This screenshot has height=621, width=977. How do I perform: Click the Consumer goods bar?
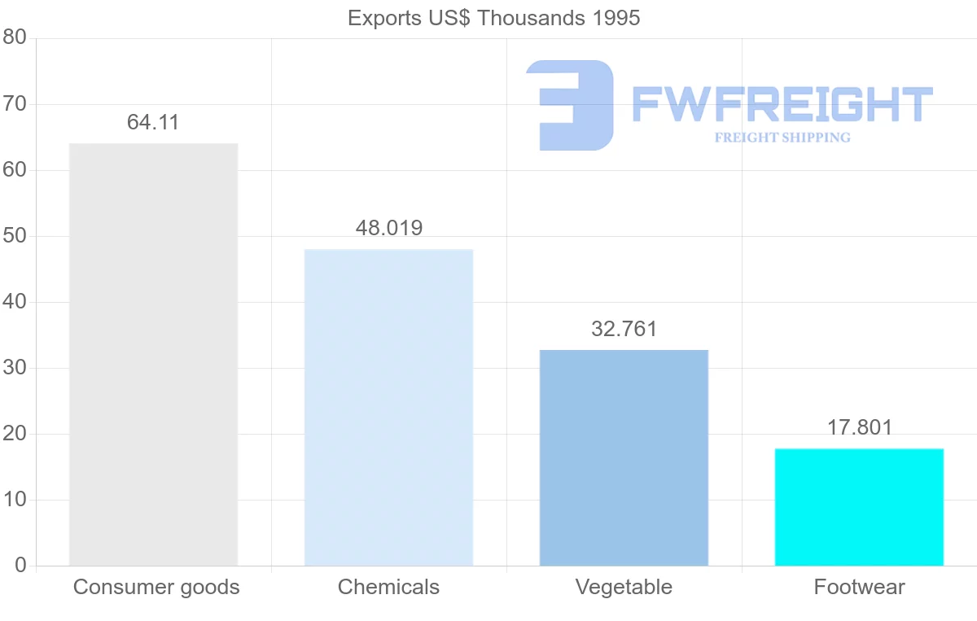(153, 354)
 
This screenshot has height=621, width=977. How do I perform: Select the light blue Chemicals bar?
(388, 407)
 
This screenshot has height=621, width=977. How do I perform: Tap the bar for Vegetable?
(624, 457)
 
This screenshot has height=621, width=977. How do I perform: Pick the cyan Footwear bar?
(859, 506)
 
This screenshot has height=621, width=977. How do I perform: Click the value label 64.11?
(153, 123)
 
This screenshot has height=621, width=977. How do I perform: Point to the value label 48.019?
(389, 229)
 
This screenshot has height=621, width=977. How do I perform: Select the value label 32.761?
(624, 329)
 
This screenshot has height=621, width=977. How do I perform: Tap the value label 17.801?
(860, 427)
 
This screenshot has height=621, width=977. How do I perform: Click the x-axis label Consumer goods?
(156, 587)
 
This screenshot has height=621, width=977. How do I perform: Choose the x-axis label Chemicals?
(388, 587)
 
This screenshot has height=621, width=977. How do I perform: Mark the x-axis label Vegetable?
(624, 587)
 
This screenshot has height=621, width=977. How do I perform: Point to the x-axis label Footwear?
(859, 587)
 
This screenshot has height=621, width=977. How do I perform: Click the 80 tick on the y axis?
(15, 38)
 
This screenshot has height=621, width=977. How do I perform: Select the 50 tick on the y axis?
(15, 236)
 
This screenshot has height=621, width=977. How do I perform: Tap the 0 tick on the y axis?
(20, 566)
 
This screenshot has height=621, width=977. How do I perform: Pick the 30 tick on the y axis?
(15, 368)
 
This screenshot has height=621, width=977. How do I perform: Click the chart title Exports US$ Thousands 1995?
(494, 18)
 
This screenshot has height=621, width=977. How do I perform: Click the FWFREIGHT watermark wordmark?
(782, 105)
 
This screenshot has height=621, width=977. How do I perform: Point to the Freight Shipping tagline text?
(782, 138)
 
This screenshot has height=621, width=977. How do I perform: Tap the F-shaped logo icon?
(570, 105)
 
